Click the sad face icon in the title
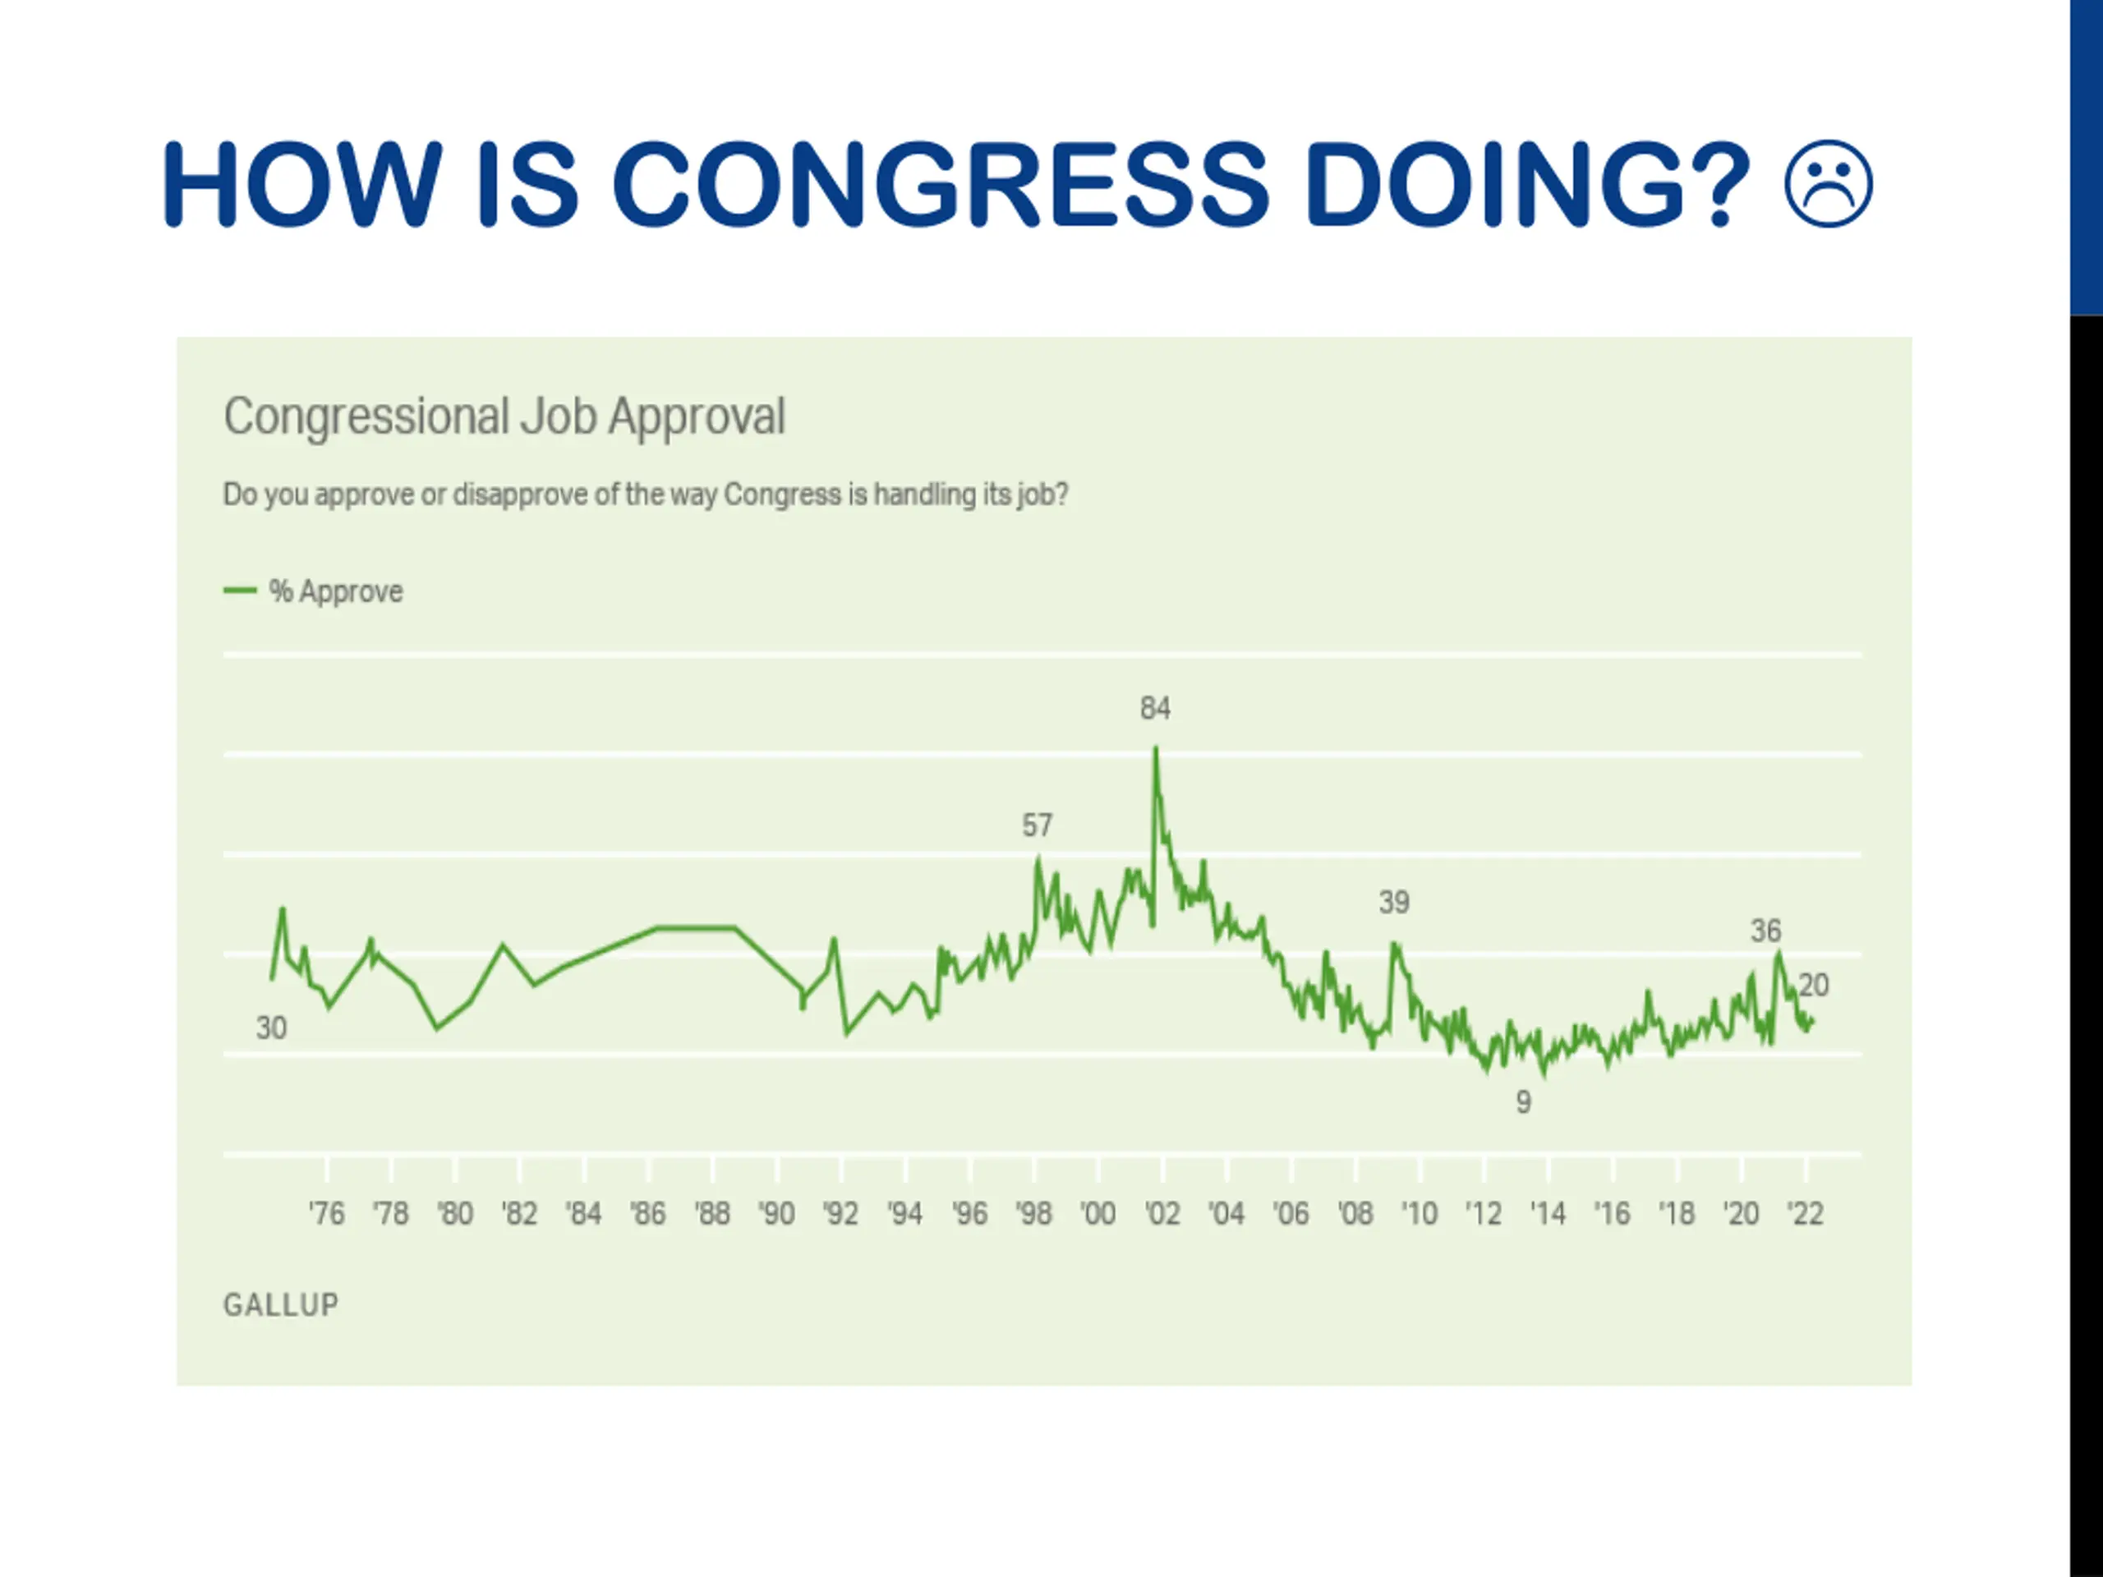(x=1829, y=185)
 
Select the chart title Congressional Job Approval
(x=504, y=416)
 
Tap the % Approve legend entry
(x=315, y=591)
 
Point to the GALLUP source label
(x=280, y=1305)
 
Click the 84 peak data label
(x=1155, y=708)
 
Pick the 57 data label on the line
(x=1038, y=825)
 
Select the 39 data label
(x=1394, y=902)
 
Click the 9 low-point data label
(x=1523, y=1102)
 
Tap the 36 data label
(x=1765, y=931)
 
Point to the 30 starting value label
(x=271, y=1028)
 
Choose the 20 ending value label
(x=1814, y=985)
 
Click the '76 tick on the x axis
(x=326, y=1214)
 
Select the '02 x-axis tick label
(x=1162, y=1214)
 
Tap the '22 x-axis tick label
(x=1806, y=1214)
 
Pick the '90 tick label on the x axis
(x=777, y=1214)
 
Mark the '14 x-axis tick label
(x=1548, y=1214)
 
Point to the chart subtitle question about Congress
(x=646, y=495)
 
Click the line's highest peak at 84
(x=1156, y=749)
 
